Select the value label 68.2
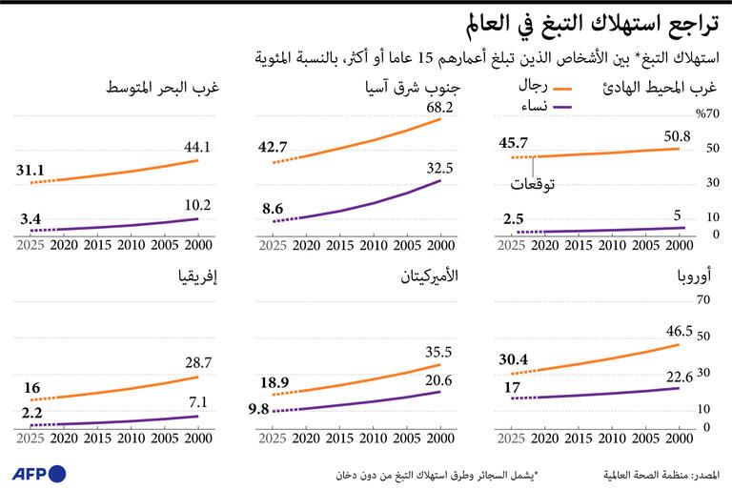(439, 108)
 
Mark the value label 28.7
(197, 363)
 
